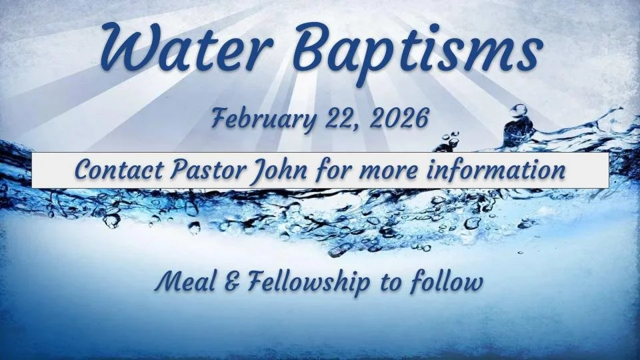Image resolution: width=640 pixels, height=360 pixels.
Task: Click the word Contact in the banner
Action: point(114,170)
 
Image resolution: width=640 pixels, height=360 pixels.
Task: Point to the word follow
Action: point(446,283)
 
